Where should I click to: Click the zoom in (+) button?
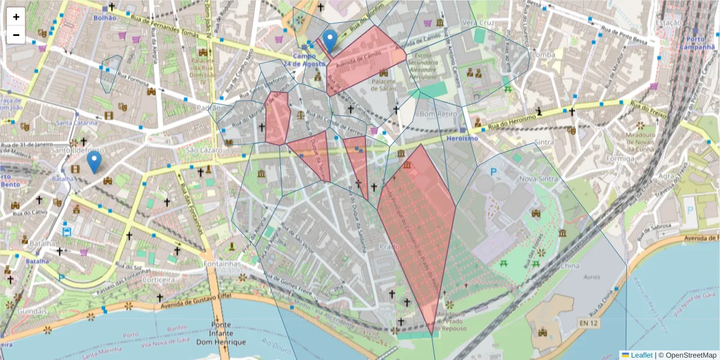(x=16, y=17)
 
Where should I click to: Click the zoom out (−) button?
(x=16, y=35)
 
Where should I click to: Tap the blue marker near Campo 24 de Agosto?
(x=329, y=41)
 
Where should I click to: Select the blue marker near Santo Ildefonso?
(x=94, y=161)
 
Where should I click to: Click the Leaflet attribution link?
(x=641, y=355)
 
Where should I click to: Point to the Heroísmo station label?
(x=462, y=138)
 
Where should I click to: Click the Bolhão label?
(x=104, y=18)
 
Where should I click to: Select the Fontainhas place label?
(x=221, y=263)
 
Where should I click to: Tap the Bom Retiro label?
(x=436, y=113)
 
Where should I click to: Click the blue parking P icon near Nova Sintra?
(x=494, y=172)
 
